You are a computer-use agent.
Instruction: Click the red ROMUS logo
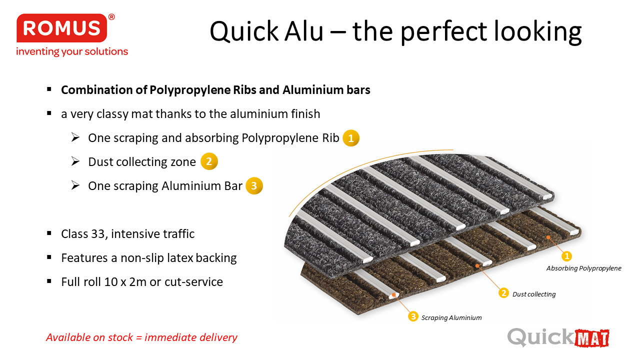(x=61, y=28)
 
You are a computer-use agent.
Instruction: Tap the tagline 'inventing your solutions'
(x=72, y=51)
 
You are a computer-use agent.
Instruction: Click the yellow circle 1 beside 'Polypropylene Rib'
(x=351, y=138)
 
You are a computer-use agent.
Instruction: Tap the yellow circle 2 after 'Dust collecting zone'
(x=209, y=161)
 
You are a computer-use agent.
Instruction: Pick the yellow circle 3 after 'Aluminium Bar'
(x=254, y=186)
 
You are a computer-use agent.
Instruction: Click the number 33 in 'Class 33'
(x=97, y=234)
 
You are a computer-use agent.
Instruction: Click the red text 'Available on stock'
(x=89, y=337)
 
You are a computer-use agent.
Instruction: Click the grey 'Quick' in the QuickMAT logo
(x=540, y=337)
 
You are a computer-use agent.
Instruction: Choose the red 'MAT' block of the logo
(x=591, y=338)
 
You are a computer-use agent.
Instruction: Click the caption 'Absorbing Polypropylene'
(x=583, y=268)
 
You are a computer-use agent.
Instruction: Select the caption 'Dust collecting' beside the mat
(x=534, y=294)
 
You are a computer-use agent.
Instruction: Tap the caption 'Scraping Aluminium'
(x=451, y=317)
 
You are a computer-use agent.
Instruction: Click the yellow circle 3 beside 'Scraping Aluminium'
(x=413, y=316)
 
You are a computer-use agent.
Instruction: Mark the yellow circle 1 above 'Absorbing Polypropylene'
(x=567, y=256)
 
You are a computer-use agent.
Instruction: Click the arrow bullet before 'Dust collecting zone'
(x=75, y=161)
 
